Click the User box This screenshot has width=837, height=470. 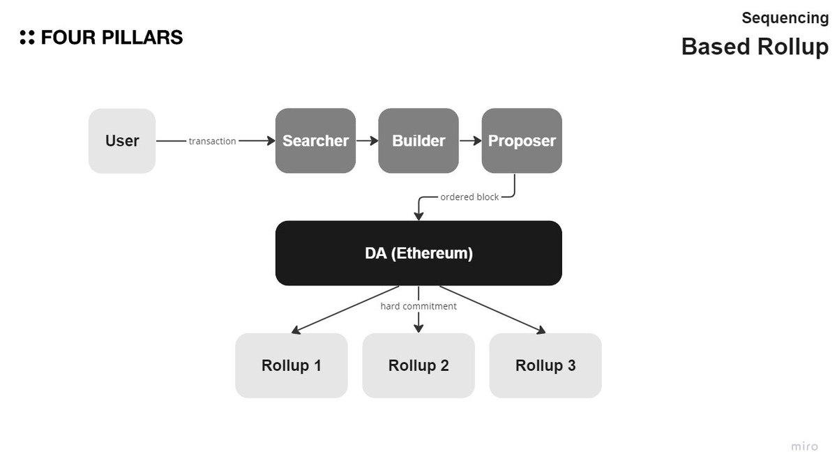[122, 141]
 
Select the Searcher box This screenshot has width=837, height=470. [315, 141]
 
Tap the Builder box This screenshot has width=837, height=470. [418, 141]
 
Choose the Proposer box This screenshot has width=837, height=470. [522, 141]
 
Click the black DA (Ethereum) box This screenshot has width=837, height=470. [418, 253]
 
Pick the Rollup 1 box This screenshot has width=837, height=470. [292, 365]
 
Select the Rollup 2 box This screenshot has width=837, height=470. [418, 365]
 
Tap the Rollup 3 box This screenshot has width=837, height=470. [545, 365]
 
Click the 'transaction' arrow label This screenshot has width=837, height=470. [212, 141]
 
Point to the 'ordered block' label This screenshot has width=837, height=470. [469, 197]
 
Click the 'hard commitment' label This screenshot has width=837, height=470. [418, 306]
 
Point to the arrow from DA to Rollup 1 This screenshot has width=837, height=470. [345, 309]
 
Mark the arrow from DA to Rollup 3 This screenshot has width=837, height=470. [492, 309]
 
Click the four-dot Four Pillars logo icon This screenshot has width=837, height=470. [27, 38]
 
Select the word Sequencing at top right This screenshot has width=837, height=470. [785, 18]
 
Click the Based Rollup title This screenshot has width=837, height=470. [755, 47]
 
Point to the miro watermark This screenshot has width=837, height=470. [804, 446]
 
